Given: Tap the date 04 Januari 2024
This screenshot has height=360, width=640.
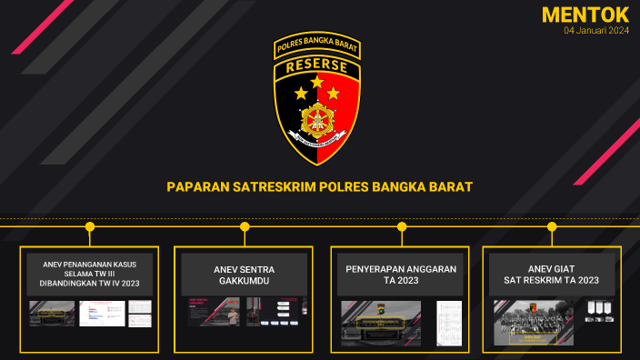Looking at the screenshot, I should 595,31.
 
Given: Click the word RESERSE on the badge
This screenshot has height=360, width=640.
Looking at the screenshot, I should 318,66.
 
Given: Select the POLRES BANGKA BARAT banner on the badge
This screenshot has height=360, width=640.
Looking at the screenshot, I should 318,45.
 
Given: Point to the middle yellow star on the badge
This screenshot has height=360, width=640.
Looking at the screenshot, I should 317,83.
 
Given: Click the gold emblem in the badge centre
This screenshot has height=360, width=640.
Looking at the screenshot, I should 317,117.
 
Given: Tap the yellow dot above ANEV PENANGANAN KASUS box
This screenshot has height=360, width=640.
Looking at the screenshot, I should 89,226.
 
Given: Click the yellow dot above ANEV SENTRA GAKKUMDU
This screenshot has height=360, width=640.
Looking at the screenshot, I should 245,226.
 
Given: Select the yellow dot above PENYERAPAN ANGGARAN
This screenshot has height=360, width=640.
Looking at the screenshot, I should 402,226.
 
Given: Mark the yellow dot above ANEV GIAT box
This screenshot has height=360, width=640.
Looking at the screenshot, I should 553,226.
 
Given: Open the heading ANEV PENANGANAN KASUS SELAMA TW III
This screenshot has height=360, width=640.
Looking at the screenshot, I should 89,274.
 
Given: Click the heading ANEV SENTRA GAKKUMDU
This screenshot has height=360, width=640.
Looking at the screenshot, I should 245,275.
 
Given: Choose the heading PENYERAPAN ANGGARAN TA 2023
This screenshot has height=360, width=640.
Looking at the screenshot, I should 401,275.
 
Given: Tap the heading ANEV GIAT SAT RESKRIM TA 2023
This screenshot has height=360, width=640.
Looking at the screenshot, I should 552,275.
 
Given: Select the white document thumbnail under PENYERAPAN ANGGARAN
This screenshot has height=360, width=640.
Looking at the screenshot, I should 449,323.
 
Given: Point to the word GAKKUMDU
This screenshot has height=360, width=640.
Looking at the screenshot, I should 245,281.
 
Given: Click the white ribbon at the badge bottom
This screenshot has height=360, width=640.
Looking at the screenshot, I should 317,142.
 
